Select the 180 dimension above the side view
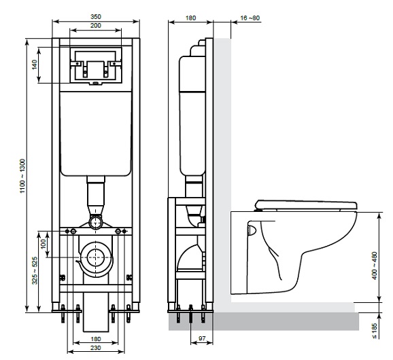pyautogui.click(x=191, y=18)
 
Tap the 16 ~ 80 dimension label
pyautogui.click(x=250, y=18)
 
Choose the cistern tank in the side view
pyautogui.click(x=192, y=115)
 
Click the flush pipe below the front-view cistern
pyautogui.click(x=96, y=197)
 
